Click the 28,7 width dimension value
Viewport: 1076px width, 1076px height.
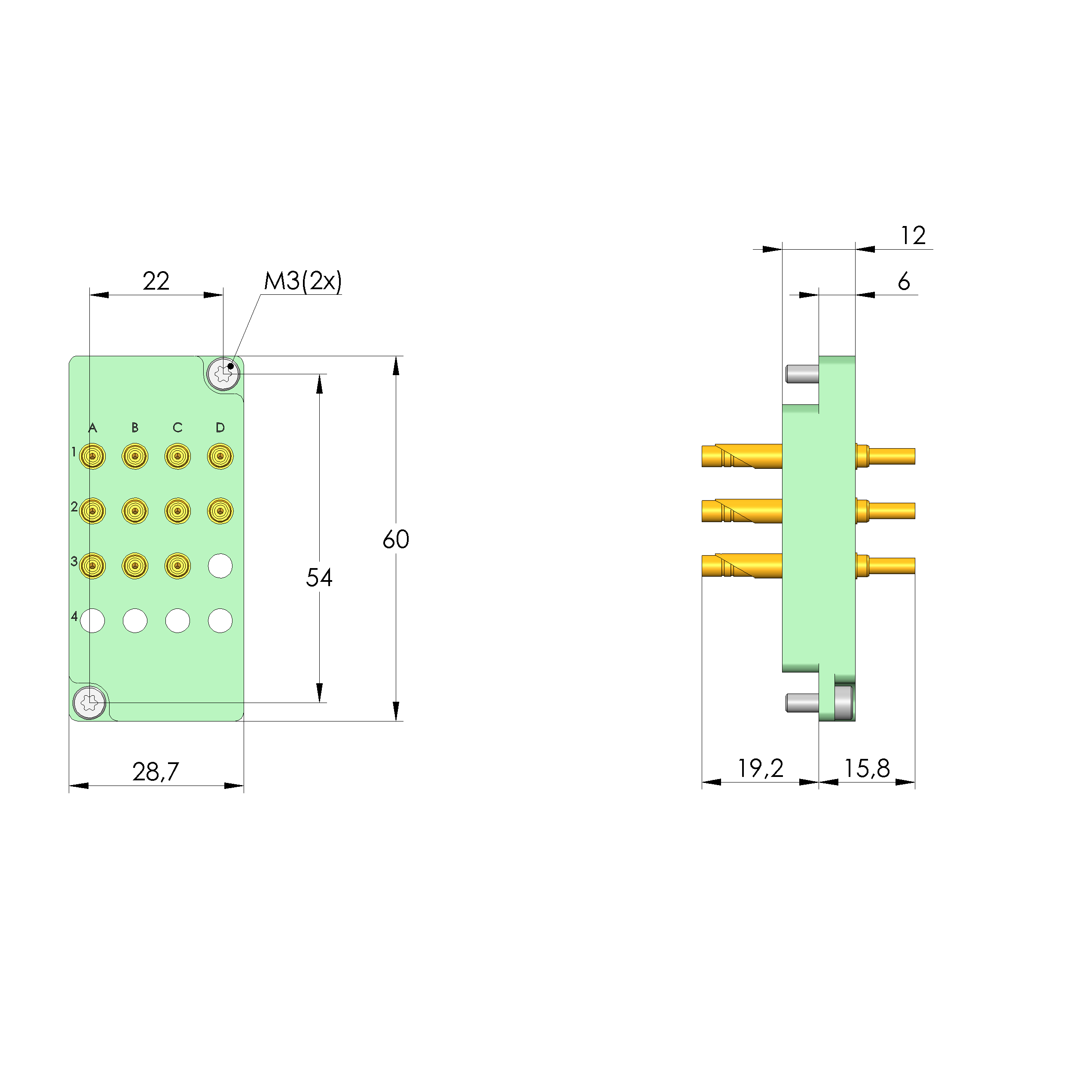tap(156, 772)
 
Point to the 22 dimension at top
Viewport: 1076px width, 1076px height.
tap(156, 281)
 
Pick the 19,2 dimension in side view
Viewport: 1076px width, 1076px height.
tap(760, 769)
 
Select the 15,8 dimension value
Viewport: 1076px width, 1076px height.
tap(867, 769)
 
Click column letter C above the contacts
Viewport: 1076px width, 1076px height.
tap(177, 428)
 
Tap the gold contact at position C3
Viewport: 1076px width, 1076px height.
tap(177, 566)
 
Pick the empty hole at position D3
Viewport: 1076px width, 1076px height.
tap(220, 566)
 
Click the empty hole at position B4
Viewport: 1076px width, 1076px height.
tap(135, 621)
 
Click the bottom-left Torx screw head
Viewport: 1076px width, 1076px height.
tap(89, 703)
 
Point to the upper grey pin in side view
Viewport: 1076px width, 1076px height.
tap(802, 374)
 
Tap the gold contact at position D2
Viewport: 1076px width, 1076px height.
tap(220, 510)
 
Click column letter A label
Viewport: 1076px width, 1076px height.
tap(92, 428)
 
